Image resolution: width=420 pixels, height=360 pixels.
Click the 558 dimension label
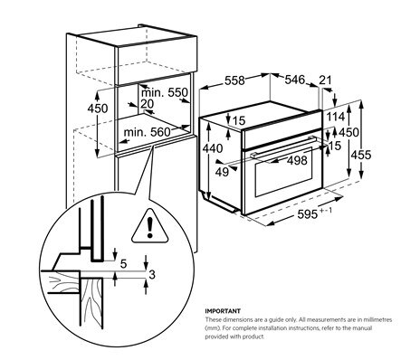234,81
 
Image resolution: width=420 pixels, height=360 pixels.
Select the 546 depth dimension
295,80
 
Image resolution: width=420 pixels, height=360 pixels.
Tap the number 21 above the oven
325,80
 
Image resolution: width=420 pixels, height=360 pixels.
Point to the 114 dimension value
336,117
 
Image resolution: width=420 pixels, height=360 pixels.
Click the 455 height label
361,155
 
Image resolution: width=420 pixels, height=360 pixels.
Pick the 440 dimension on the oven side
213,148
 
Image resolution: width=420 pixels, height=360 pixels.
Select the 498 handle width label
297,160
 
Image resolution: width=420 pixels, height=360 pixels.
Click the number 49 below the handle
222,172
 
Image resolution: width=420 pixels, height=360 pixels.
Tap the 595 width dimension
308,214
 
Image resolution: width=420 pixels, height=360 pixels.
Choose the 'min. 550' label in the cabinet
165,92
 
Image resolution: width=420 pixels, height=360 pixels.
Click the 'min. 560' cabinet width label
147,132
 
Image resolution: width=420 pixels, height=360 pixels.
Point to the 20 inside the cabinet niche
148,104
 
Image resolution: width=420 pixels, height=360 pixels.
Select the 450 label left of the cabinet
98,109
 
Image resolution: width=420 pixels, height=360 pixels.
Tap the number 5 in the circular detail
123,264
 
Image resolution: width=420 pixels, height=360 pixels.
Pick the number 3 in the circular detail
152,275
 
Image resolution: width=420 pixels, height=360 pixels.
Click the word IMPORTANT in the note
223,311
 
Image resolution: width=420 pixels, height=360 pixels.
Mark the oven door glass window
283,172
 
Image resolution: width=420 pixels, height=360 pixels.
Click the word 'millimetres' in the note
377,319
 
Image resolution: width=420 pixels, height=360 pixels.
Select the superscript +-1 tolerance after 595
326,211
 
